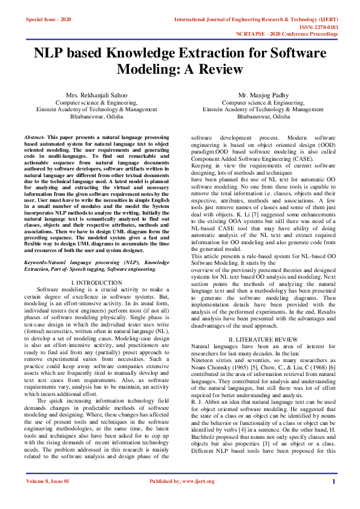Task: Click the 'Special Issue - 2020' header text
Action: tap(48, 19)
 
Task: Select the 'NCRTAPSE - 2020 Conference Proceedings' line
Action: tap(287, 34)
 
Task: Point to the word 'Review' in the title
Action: tap(220, 70)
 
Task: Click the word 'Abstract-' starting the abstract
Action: tap(36, 138)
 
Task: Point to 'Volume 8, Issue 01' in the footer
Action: tap(48, 498)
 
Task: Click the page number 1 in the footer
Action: tap(333, 498)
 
